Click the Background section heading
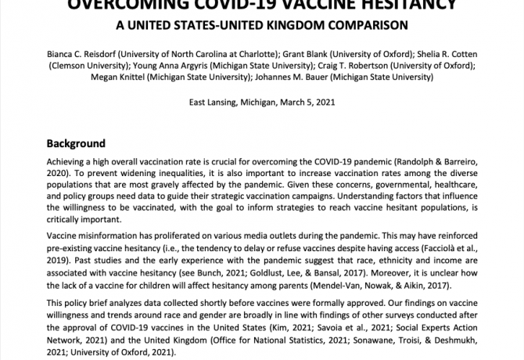tap(76, 144)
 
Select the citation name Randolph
tap(432, 160)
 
